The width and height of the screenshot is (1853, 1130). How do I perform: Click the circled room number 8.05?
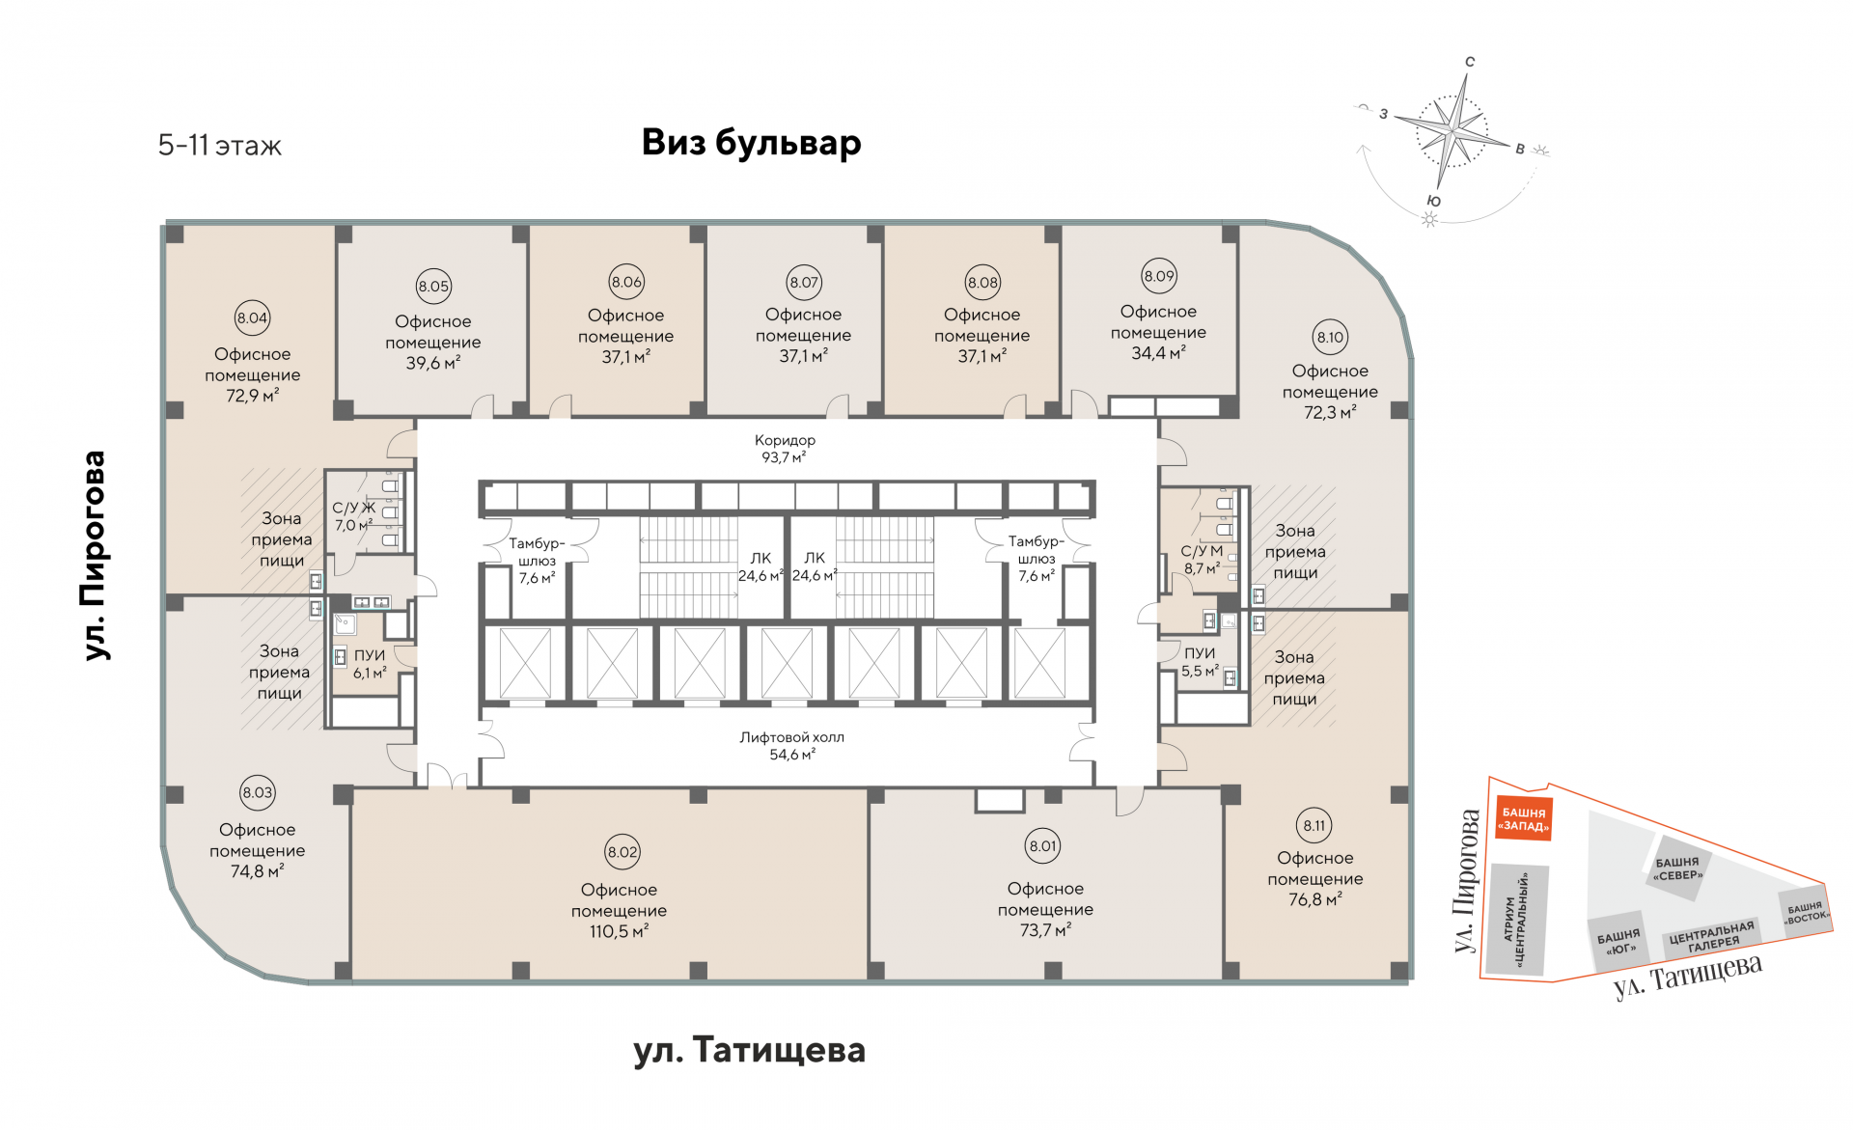(x=433, y=287)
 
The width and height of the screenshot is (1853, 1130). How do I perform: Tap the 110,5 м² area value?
(x=619, y=931)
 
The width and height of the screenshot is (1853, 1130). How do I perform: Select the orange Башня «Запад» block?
(x=1524, y=819)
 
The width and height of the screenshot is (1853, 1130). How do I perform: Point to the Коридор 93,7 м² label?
(x=785, y=449)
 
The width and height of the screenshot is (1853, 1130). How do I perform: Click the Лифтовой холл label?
(x=791, y=738)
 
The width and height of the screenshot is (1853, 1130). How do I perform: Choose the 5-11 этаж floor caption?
(x=220, y=146)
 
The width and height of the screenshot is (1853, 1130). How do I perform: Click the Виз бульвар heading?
(x=751, y=143)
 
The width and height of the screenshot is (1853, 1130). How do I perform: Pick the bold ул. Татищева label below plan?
(x=749, y=1050)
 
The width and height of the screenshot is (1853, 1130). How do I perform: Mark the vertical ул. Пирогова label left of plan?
(x=94, y=555)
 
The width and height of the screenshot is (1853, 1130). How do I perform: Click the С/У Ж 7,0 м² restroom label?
(x=353, y=516)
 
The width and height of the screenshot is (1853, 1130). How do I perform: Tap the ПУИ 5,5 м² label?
(x=1200, y=662)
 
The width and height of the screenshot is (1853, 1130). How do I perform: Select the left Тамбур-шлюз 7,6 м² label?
(x=537, y=561)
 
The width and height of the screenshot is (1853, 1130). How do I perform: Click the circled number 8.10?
(x=1330, y=338)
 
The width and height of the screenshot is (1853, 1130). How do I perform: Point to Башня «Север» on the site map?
(x=1677, y=868)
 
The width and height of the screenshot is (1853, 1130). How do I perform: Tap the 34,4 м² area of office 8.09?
(x=1158, y=353)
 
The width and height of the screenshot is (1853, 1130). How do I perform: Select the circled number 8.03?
(x=258, y=793)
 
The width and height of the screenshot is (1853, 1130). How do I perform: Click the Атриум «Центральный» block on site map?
(x=1517, y=920)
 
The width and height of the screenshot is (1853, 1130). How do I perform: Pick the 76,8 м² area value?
(x=1314, y=899)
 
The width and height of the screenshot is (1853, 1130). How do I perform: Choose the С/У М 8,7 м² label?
(x=1202, y=560)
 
